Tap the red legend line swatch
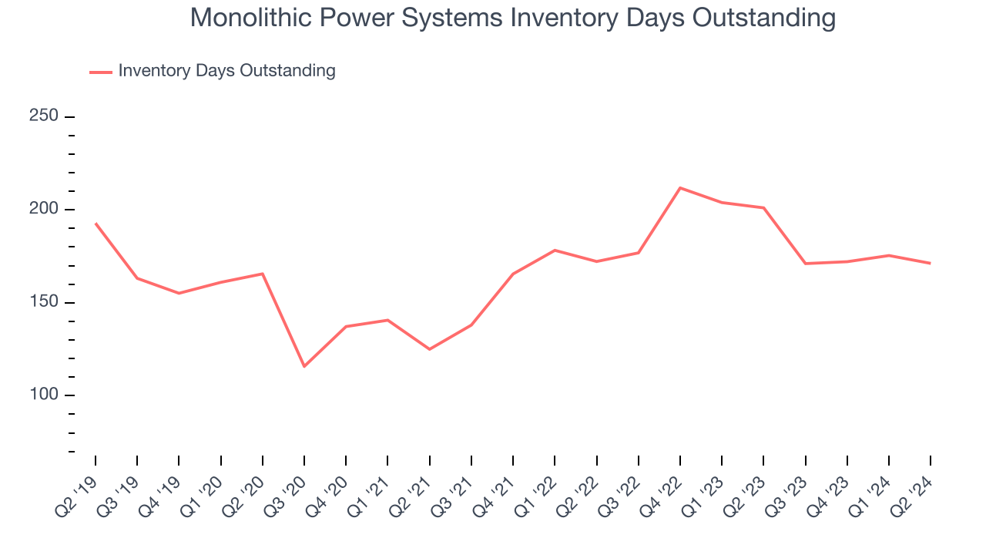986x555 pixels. (101, 72)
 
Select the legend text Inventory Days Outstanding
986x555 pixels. (226, 71)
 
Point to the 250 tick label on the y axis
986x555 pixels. (44, 116)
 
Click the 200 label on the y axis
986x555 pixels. (44, 210)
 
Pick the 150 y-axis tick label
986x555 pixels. (44, 302)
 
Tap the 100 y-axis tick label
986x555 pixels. (44, 395)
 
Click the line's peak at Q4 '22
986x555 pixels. (680, 188)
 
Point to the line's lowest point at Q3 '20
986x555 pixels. (304, 366)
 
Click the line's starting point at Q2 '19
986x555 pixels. (96, 224)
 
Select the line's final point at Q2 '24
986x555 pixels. (931, 264)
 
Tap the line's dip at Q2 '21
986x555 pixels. (429, 349)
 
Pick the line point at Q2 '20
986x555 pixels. (263, 274)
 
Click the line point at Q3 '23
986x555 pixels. (805, 264)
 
